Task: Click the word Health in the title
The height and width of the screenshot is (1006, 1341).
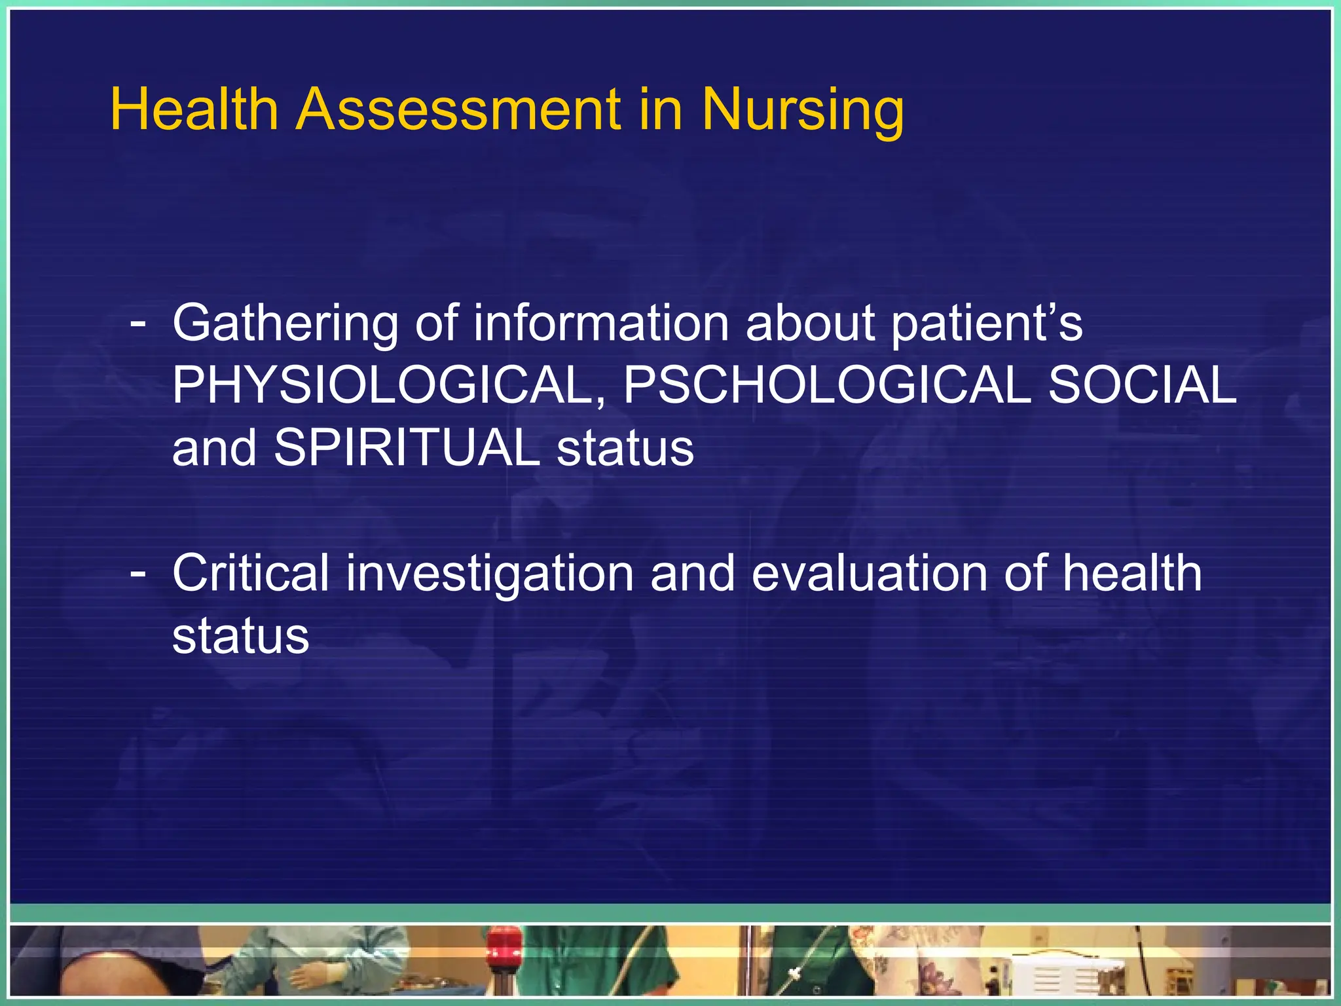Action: point(194,109)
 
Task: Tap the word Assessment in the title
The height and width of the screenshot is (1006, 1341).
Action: point(458,109)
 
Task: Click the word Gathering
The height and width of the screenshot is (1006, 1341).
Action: point(285,324)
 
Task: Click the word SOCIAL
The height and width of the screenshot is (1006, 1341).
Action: point(1143,385)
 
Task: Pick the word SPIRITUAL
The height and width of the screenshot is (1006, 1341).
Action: point(406,447)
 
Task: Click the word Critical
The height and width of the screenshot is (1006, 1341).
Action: point(250,573)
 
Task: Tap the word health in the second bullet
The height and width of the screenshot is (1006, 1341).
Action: point(1131,573)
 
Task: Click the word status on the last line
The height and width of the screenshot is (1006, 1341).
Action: point(240,636)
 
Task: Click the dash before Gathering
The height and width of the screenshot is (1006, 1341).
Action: point(138,323)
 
